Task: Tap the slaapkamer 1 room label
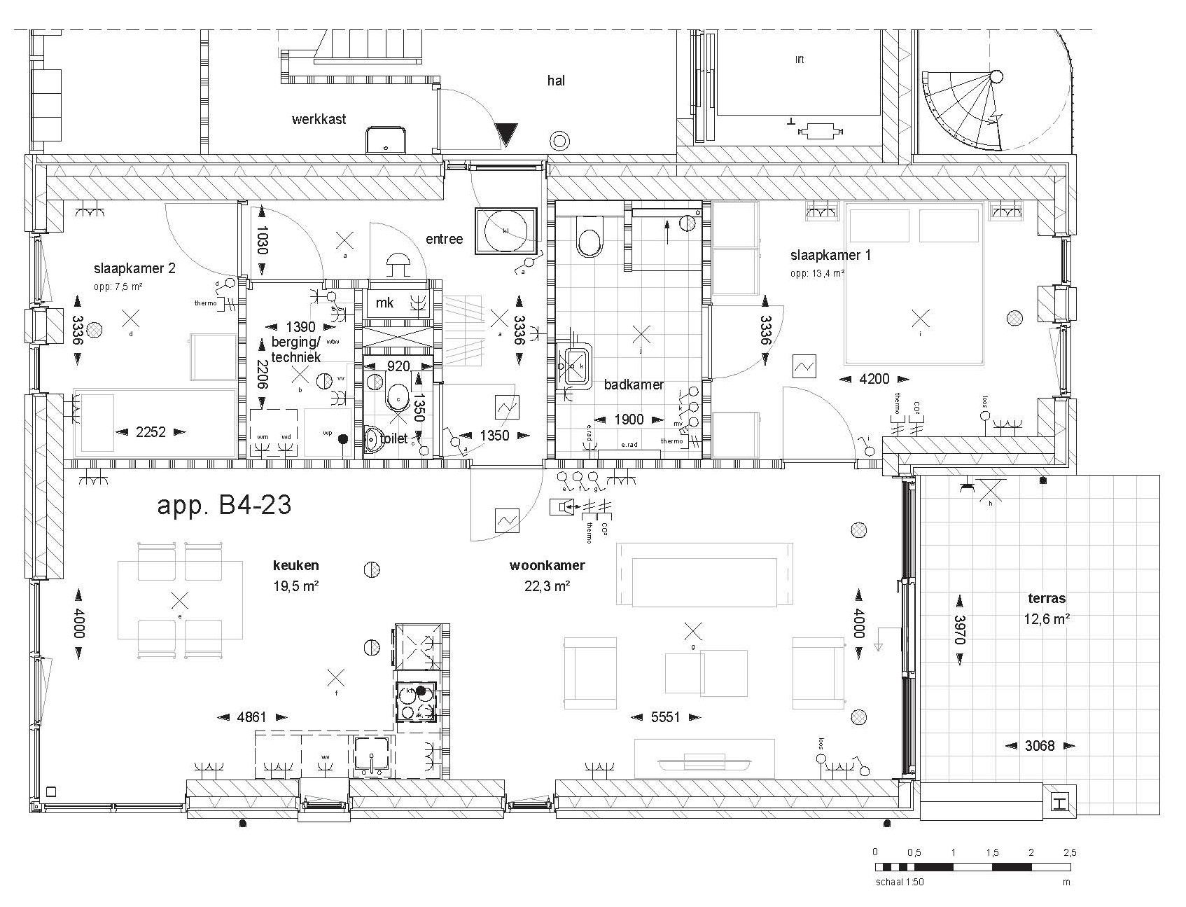(x=830, y=255)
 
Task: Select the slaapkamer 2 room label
(x=134, y=268)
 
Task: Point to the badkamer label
(x=634, y=385)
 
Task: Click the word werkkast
(x=319, y=120)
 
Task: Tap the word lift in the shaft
(x=799, y=60)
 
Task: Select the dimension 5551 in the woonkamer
(x=665, y=717)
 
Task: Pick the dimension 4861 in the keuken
(x=252, y=716)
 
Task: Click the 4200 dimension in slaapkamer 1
(x=874, y=379)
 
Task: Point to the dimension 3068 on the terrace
(x=1039, y=746)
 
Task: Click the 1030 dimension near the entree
(x=262, y=240)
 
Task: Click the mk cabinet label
(x=384, y=303)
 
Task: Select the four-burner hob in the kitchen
(x=416, y=702)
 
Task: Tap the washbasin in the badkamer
(x=575, y=364)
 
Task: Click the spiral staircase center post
(x=996, y=77)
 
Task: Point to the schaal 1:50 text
(x=900, y=882)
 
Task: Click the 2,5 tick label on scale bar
(x=1069, y=852)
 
